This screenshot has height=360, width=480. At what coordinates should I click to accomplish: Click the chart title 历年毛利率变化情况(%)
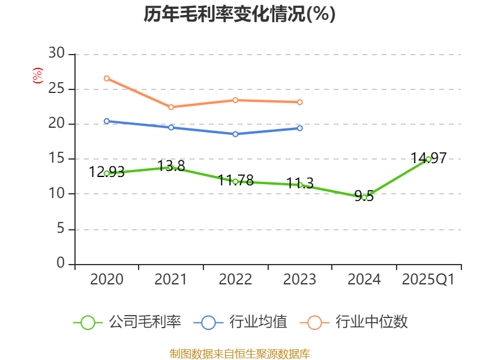239,14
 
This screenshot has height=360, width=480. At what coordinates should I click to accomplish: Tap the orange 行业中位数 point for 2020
107,78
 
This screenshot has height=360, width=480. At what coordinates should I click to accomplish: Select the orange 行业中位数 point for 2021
171,107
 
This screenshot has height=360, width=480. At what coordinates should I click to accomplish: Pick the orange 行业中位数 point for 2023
299,102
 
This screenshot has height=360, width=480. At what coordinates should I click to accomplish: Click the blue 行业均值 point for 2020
107,121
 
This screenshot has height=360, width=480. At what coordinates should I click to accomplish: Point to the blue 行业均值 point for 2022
235,134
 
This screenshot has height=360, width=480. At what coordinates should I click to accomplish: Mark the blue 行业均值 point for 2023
299,128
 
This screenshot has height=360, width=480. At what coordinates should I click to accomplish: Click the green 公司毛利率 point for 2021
171,167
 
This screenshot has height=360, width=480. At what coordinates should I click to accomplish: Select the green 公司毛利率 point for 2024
364,197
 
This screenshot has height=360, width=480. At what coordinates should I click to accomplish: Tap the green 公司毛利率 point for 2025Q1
428,159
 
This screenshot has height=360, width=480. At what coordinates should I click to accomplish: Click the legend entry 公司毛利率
127,322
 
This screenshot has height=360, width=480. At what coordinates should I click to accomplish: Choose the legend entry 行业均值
241,322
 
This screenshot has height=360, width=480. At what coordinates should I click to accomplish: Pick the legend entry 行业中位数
358,322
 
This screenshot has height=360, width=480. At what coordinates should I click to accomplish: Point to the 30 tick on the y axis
56,54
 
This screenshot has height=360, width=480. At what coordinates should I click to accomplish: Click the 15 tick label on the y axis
56,159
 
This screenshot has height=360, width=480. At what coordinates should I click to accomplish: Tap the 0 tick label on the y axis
61,264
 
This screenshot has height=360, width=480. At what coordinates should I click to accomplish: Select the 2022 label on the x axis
235,280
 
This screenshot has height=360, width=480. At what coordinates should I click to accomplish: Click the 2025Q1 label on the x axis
428,280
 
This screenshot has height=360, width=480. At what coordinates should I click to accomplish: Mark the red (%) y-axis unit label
38,76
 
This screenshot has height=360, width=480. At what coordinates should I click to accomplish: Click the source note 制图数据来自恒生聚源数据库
239,353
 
